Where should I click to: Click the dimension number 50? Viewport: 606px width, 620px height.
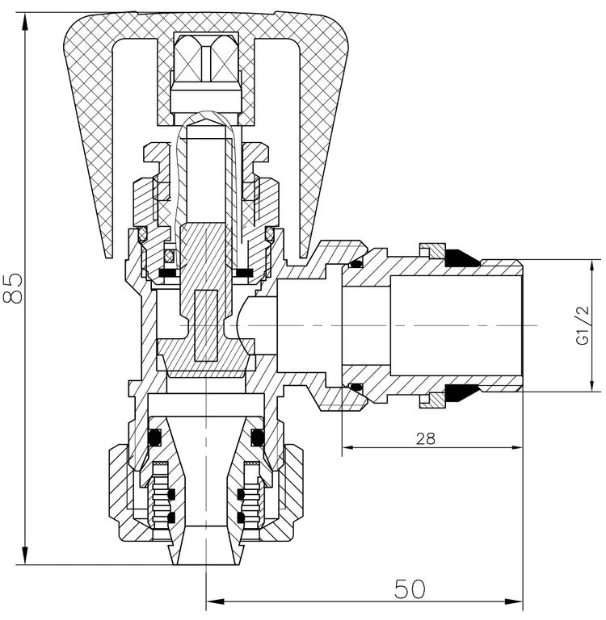pos(410,589)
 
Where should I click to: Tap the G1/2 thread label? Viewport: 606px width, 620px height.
pos(583,326)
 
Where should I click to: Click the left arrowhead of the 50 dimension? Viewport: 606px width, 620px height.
pos(214,601)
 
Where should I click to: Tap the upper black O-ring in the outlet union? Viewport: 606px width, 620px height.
pos(355,264)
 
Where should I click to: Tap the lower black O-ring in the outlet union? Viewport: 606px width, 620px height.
pos(355,388)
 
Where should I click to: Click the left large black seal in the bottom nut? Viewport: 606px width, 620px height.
pos(156,438)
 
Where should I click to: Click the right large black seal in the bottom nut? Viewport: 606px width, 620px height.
pos(258,438)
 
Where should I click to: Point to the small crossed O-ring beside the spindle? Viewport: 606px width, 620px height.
pos(170,257)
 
